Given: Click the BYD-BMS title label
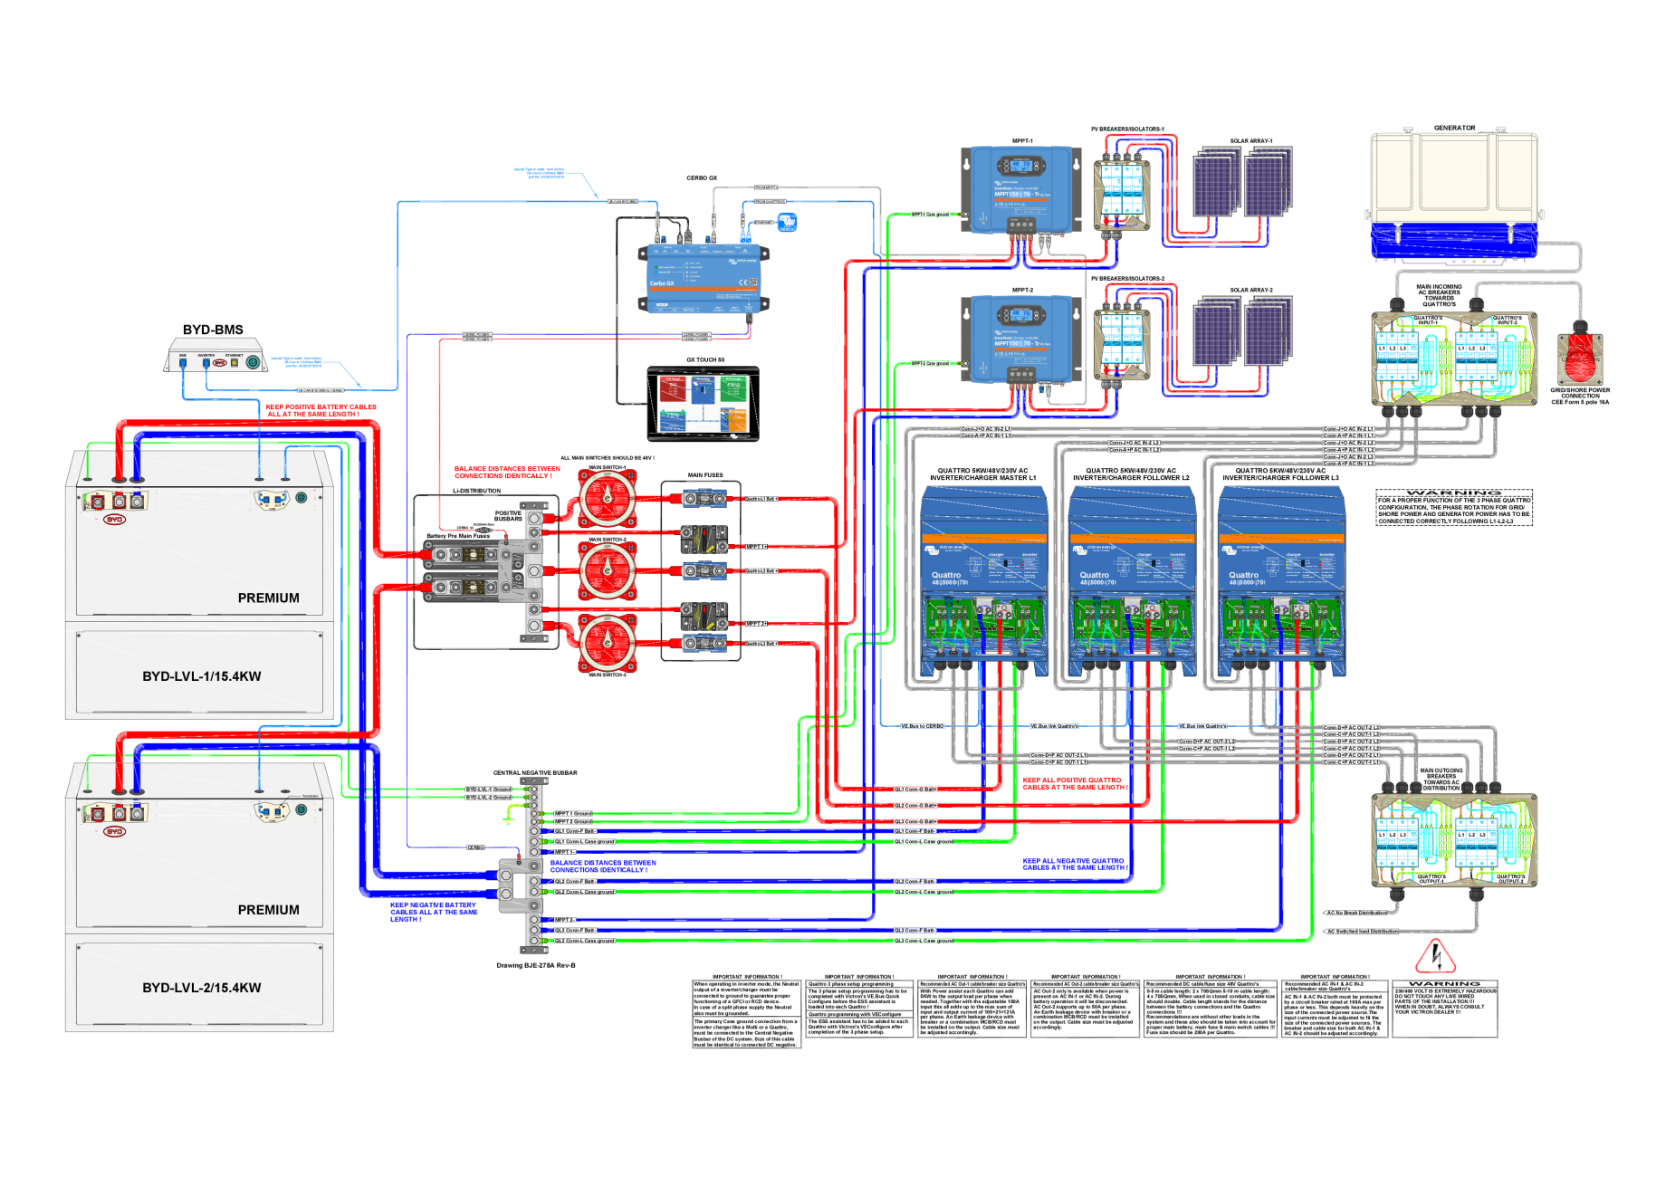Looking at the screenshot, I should click(213, 330).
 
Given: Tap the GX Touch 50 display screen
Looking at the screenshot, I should click(703, 404).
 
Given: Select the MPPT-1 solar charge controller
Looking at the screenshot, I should click(1021, 190).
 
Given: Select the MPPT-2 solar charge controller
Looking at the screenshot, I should click(1021, 340).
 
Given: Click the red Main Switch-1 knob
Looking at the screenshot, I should click(608, 499).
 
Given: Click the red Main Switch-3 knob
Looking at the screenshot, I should click(608, 643).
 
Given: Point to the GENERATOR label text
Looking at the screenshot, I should click(1454, 128).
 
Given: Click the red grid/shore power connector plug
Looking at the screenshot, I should click(1580, 358).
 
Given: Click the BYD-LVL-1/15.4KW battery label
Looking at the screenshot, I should click(201, 676).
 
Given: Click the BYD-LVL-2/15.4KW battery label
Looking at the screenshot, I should click(201, 988).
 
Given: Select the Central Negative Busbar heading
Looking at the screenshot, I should click(534, 773).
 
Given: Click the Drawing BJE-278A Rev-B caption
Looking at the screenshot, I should click(535, 965).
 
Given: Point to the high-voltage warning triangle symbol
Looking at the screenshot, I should click(1434, 956).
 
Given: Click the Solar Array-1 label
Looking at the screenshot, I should click(1250, 141).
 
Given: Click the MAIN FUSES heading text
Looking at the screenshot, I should click(704, 475).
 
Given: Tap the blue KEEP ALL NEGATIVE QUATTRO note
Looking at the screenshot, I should click(1075, 864).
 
